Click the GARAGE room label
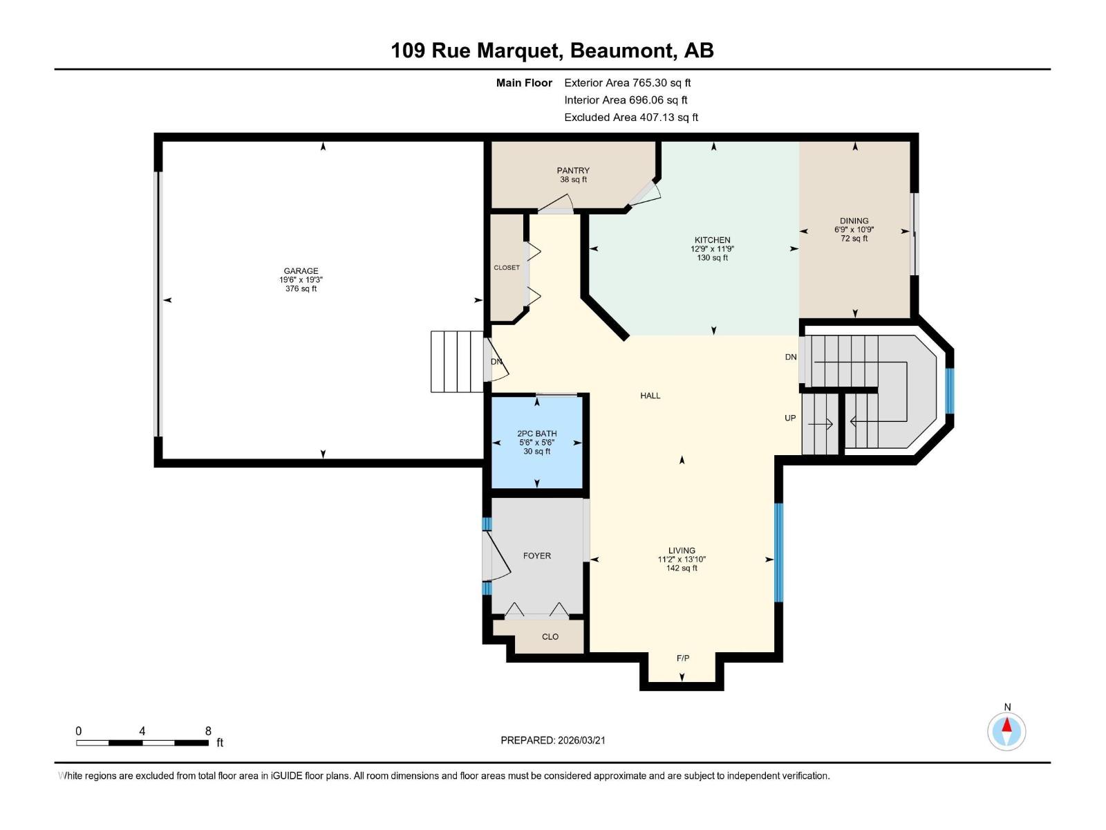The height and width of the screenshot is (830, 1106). pos(301,271)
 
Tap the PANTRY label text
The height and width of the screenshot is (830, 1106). pos(573,170)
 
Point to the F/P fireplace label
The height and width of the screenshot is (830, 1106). pos(682,658)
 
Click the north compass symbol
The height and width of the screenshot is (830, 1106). pos(1006,731)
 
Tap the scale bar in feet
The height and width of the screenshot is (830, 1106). pos(142,743)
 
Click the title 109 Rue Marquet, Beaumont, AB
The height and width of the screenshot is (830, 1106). pos(552,50)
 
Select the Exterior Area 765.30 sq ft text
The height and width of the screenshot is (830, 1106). pos(627,82)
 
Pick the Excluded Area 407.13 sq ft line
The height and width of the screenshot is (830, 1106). pos(630,117)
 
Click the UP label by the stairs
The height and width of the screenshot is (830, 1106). pos(790,418)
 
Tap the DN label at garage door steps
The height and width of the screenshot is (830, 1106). pos(496,362)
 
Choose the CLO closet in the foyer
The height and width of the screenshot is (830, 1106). pos(550,636)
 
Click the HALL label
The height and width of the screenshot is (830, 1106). pos(650,396)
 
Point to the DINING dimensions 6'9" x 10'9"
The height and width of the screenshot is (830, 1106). pos(854,230)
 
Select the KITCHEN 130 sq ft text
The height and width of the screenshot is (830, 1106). pos(712,258)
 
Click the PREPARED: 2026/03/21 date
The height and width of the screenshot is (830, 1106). pos(553,740)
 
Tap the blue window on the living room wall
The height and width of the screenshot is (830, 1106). pos(779,552)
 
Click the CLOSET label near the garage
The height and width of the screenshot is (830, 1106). pos(507,268)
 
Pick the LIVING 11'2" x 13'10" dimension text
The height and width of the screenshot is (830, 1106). pos(682,560)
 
